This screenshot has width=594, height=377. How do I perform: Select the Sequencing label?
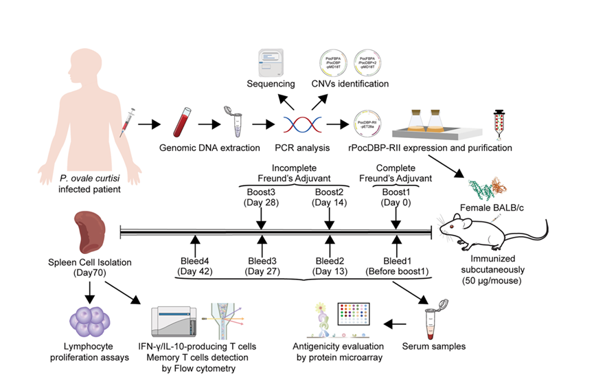(271, 84)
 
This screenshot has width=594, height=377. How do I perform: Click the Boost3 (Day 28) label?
(262, 197)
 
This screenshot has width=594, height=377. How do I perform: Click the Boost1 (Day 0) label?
(396, 197)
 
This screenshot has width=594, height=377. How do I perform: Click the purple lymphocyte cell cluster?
(89, 319)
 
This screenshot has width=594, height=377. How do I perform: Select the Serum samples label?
(442, 347)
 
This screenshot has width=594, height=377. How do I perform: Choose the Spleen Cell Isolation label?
(91, 266)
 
